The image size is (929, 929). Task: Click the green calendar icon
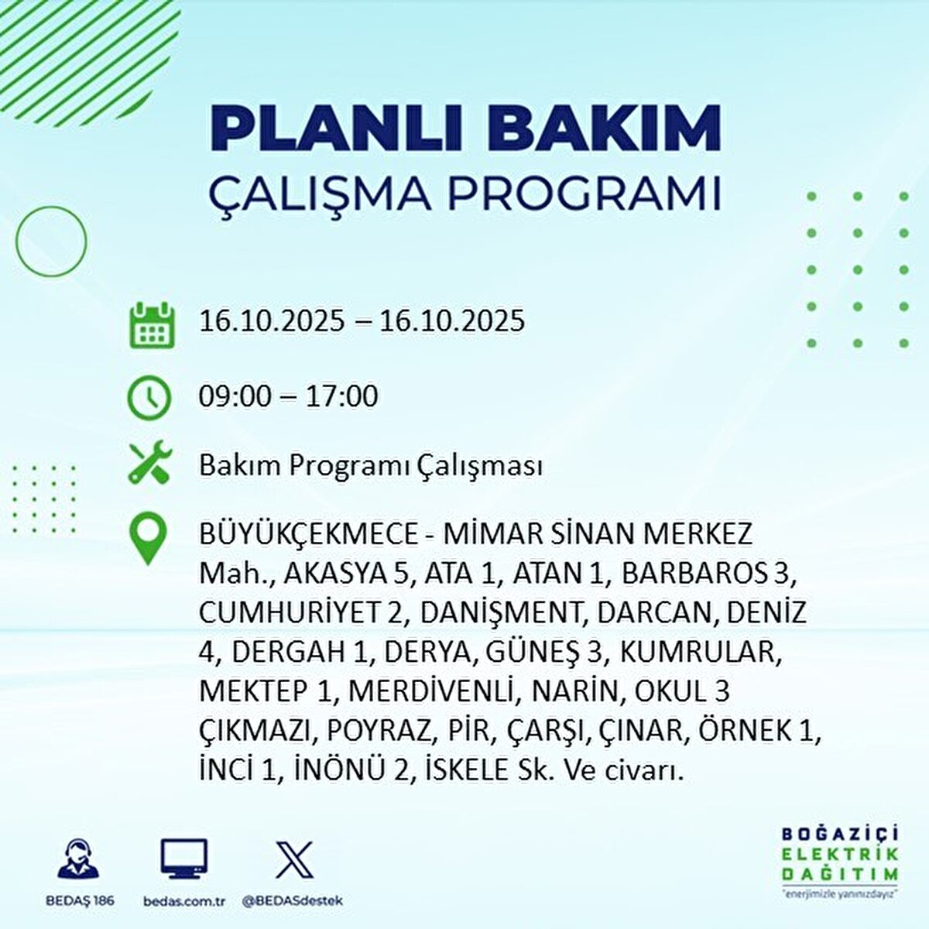click(149, 325)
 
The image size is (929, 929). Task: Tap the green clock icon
click(149, 398)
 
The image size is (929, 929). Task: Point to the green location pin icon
click(147, 539)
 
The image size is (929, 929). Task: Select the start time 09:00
click(235, 396)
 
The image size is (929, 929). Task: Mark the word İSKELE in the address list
click(472, 770)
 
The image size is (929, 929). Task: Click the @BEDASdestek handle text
click(292, 901)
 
